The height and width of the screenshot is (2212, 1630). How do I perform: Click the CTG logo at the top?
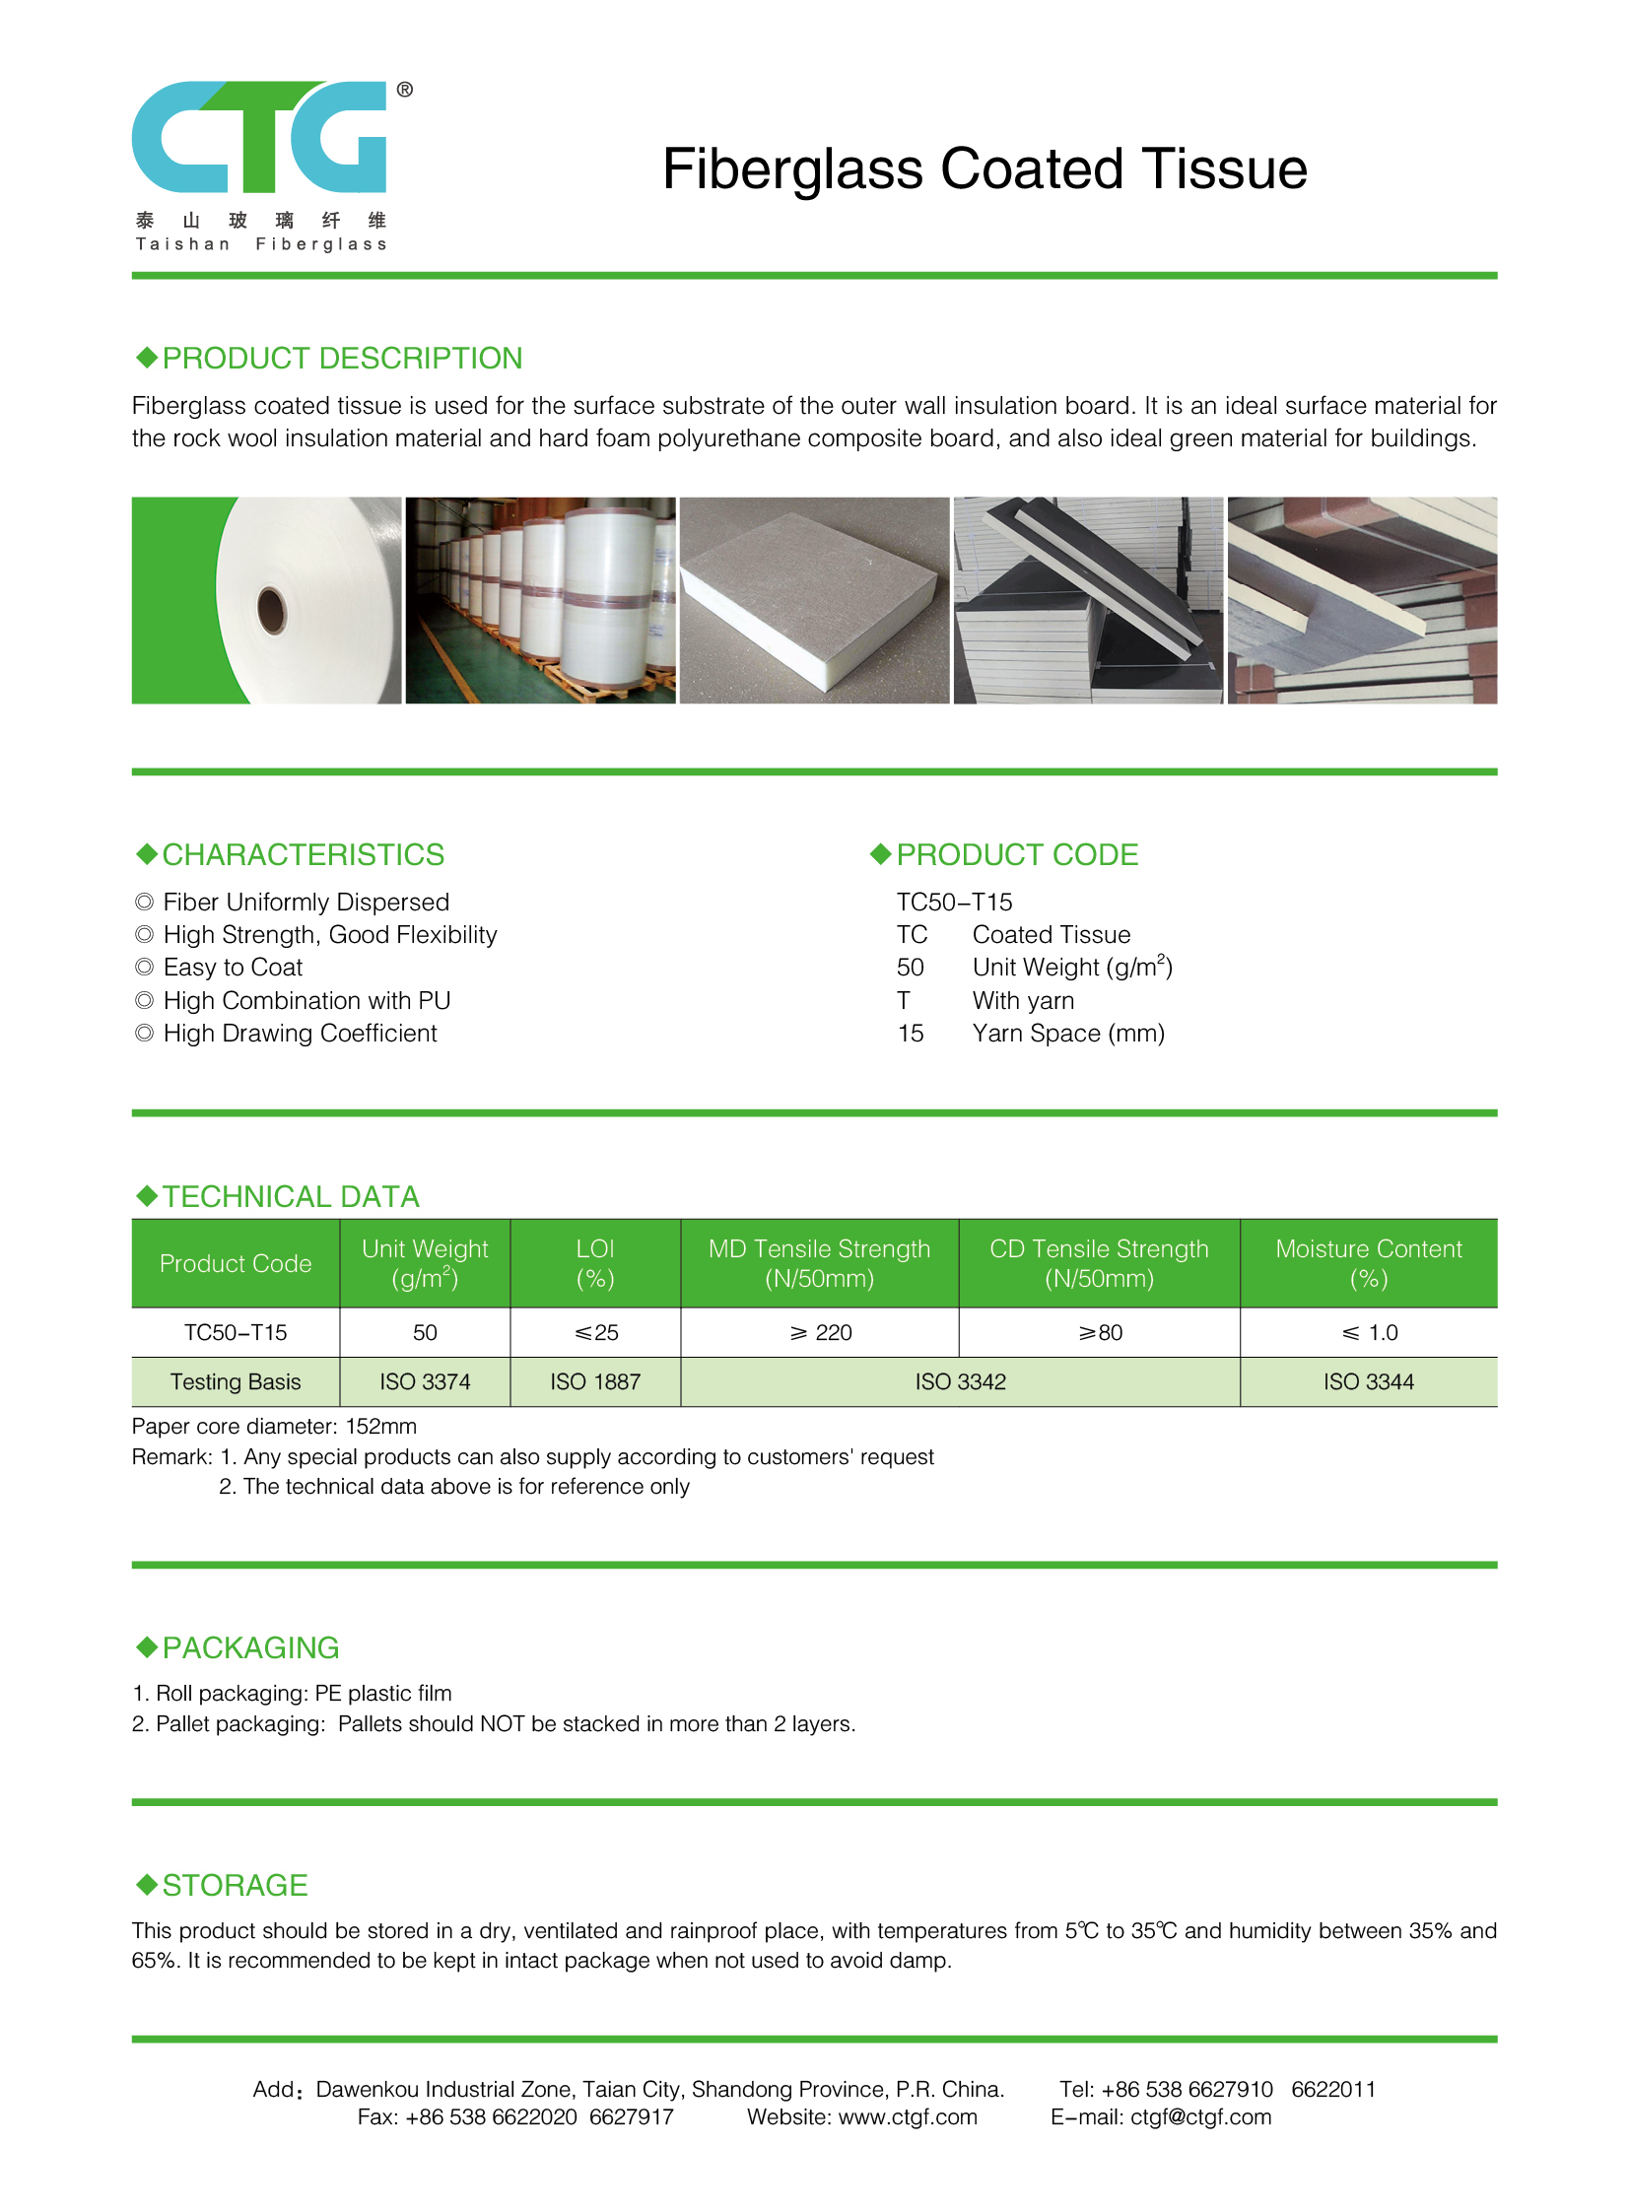click(258, 137)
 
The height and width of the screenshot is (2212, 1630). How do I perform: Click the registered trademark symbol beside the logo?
click(404, 90)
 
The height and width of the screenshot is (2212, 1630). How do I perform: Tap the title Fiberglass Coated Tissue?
click(984, 168)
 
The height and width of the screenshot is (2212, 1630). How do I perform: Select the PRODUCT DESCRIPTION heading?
click(341, 358)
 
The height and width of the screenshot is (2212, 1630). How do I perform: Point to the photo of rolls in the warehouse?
click(541, 600)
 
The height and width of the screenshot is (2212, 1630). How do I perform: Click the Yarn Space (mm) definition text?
click(1068, 1033)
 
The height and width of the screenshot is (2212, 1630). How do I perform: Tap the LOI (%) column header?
click(595, 1263)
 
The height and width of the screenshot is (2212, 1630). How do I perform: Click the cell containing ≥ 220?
click(820, 1333)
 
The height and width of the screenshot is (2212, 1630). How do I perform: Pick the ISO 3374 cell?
click(425, 1382)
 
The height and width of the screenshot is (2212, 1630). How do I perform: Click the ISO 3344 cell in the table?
click(1369, 1382)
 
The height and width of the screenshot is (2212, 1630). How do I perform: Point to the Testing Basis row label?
click(235, 1382)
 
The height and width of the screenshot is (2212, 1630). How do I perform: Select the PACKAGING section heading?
click(250, 1647)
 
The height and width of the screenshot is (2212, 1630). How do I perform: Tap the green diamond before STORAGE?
click(147, 1885)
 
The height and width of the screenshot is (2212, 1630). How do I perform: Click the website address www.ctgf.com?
click(907, 2117)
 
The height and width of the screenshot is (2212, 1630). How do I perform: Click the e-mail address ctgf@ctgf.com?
click(1200, 2117)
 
